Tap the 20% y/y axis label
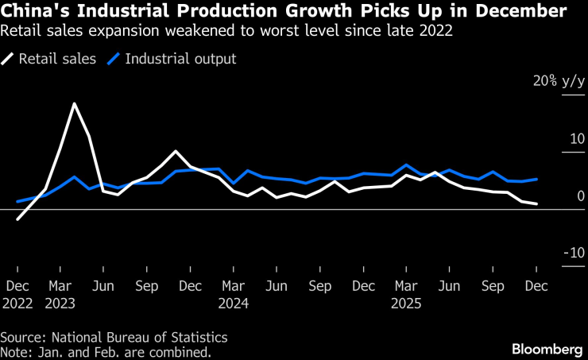tap(556, 81)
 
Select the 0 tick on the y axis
tap(580, 195)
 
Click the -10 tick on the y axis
tap(574, 253)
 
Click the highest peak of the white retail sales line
tap(74, 104)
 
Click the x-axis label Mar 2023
tap(62, 293)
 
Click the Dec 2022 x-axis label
tap(18, 293)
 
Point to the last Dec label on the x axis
tap(537, 285)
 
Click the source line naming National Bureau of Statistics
tap(114, 337)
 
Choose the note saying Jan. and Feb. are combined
tap(106, 350)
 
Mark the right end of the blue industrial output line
tap(537, 180)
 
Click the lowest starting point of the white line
tap(17, 219)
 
